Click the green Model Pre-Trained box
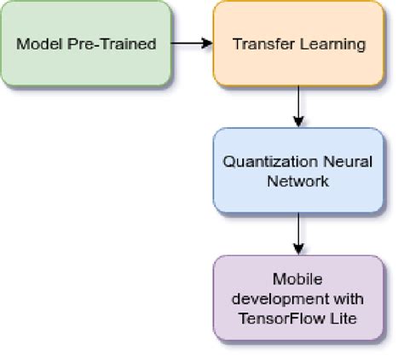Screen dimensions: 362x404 coord(85,43)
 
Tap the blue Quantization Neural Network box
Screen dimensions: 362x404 coord(297,170)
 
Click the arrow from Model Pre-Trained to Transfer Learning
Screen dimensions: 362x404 coord(191,43)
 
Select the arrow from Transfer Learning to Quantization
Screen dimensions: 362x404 coord(297,106)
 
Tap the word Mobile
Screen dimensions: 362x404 coord(297,279)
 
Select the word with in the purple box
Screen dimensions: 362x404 coord(349,298)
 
